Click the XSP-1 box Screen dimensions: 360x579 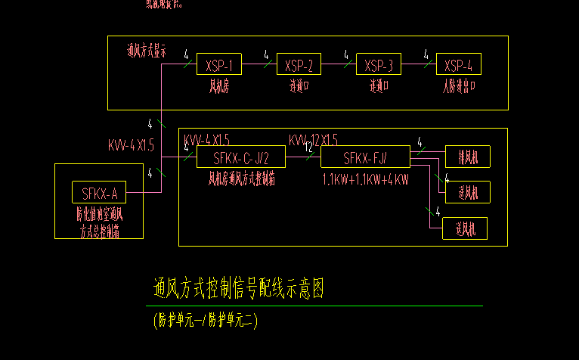tap(218, 65)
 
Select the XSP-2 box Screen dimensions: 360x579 tap(299, 65)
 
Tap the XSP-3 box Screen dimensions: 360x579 tap(379, 65)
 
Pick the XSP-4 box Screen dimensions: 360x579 tap(459, 65)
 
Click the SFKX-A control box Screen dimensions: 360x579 tap(99, 193)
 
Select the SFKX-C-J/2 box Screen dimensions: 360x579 tap(241, 158)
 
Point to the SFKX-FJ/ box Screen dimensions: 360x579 tap(365, 158)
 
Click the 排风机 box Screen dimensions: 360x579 tap(468, 157)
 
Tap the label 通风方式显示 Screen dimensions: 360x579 tap(147, 51)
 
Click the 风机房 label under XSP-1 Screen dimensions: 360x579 tap(218, 85)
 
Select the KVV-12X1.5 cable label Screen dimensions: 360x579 tap(314, 140)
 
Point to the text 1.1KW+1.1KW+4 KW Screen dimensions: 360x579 tap(365, 179)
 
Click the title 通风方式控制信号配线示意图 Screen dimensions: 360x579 tap(239, 288)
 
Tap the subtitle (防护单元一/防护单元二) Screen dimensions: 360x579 tap(205, 320)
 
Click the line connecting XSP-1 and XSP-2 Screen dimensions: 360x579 tap(259, 65)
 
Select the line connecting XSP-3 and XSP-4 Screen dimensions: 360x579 tap(419, 65)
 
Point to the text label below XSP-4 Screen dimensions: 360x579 tap(459, 85)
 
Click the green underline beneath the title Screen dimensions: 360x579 tap(317, 306)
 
